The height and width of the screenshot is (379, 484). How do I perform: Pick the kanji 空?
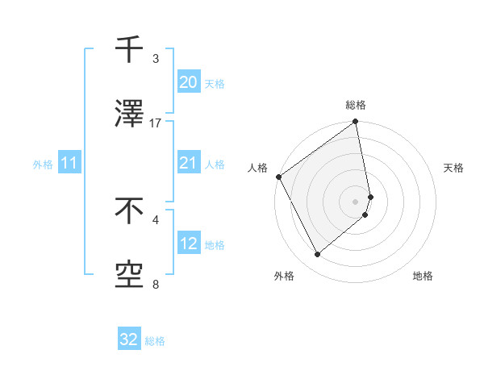click(129, 276)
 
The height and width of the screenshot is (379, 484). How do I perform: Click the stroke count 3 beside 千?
click(156, 59)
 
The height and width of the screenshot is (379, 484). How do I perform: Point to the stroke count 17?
click(156, 123)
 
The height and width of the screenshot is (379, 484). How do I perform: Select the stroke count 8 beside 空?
click(156, 285)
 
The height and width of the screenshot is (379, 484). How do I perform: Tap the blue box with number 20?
click(188, 82)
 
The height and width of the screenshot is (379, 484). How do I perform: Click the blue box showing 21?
click(188, 163)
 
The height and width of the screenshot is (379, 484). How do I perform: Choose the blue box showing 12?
click(188, 244)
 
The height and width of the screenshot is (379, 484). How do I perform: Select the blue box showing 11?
click(69, 164)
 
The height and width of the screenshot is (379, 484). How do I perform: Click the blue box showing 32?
click(129, 339)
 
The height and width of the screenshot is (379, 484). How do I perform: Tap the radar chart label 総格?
click(356, 105)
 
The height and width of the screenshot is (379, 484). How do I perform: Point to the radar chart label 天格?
click(453, 168)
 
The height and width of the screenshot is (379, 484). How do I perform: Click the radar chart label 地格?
click(423, 276)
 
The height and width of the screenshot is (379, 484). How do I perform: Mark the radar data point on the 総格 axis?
click(356, 123)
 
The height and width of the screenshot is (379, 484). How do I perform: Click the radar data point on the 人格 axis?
click(278, 177)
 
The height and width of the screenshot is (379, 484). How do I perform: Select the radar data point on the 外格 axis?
click(317, 255)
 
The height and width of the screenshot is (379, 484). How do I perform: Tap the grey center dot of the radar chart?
click(356, 201)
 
